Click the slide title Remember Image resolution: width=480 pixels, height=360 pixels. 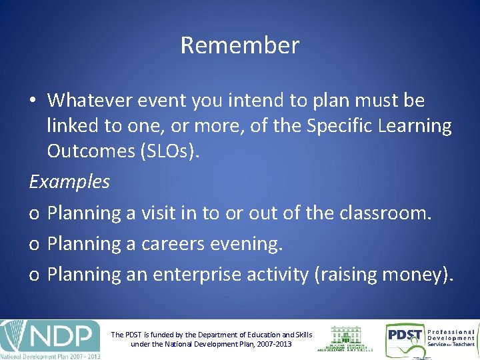240,45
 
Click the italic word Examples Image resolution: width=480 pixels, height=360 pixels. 69,181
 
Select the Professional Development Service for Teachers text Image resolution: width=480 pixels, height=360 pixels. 451,338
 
